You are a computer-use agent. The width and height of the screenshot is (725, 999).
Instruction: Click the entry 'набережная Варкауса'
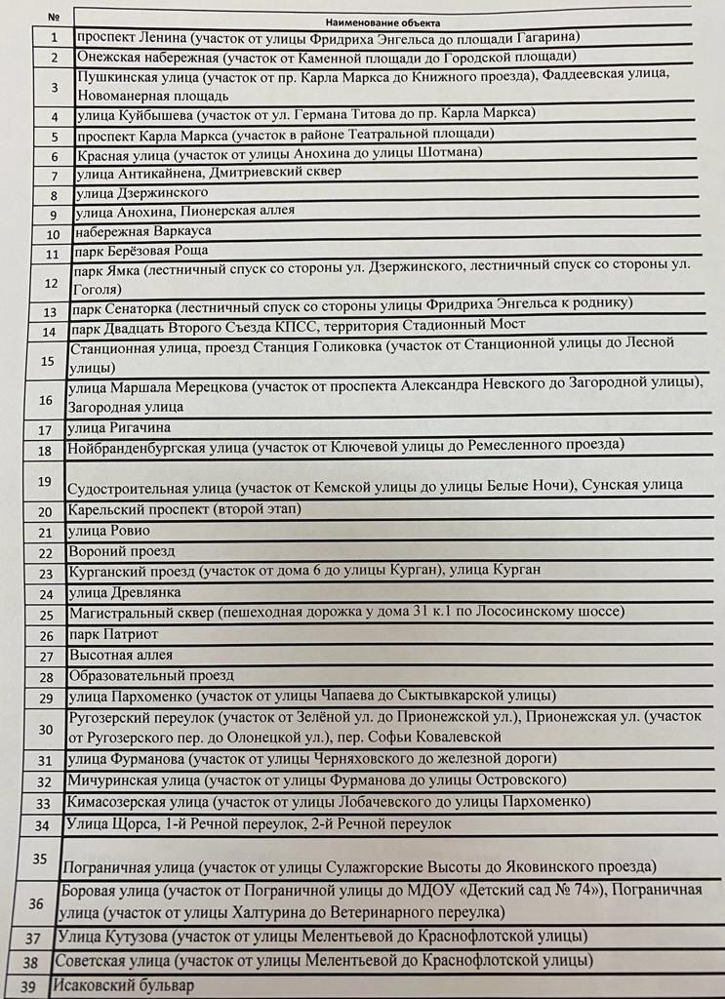142,232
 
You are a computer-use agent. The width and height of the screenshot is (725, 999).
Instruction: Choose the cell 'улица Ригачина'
119,428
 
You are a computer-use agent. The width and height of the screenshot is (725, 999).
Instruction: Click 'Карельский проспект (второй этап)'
184,510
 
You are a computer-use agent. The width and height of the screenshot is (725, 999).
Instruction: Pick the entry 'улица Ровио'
108,531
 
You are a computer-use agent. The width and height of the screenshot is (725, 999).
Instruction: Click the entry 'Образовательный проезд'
150,675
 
